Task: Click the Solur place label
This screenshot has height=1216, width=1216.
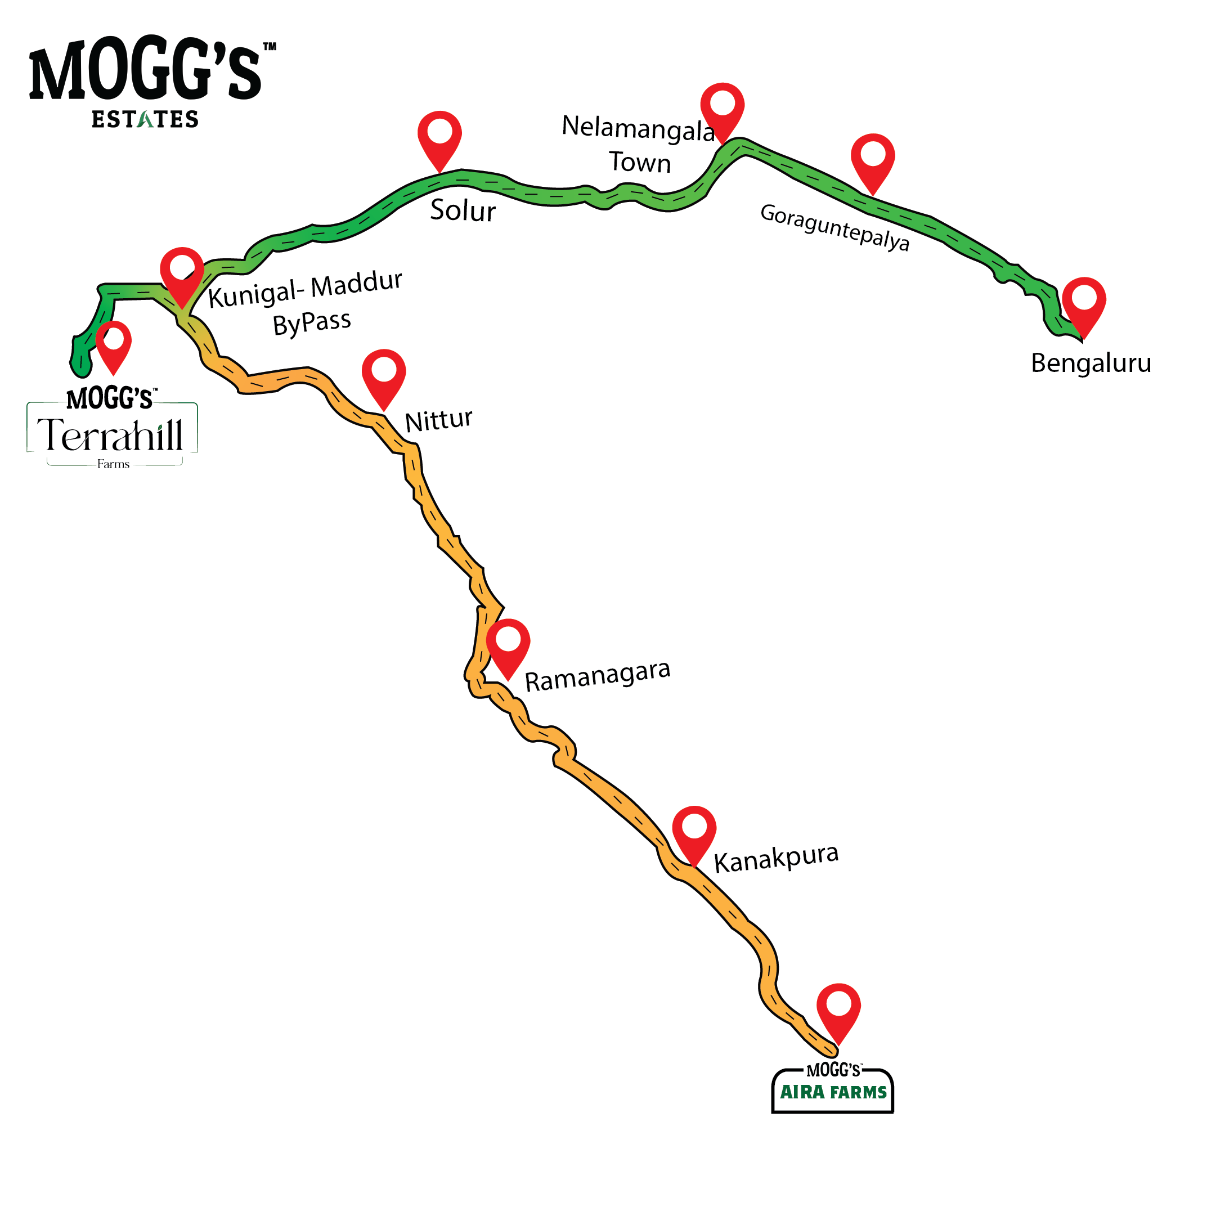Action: point(463,210)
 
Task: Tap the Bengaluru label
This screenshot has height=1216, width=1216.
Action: point(1090,363)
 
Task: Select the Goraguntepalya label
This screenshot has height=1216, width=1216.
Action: point(834,227)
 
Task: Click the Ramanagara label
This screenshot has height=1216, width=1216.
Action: point(597,676)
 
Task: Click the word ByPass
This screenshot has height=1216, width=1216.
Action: point(312,324)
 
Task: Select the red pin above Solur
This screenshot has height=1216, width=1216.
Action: point(439,135)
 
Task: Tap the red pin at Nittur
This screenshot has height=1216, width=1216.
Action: point(383,374)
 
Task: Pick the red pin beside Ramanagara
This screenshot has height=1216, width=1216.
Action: point(508,643)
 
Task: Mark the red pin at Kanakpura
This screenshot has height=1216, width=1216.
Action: point(694,830)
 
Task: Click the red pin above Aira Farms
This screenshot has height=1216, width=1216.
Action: point(838,1008)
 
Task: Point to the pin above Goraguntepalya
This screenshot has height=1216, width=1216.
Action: point(872,158)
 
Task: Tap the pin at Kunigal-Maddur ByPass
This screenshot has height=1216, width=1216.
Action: point(182,271)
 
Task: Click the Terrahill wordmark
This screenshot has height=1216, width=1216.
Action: point(111,435)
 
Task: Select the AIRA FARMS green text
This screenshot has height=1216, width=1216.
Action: point(833,1092)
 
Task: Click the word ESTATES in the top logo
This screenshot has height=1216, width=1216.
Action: point(145,119)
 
